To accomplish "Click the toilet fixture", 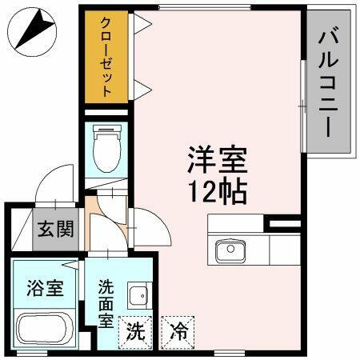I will [x=106, y=151].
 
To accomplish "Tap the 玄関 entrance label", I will [x=54, y=230].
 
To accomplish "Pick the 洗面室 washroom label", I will [x=106, y=302].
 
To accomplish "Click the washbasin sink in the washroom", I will [x=139, y=294].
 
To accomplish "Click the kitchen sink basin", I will [x=230, y=251].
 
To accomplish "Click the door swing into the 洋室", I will [x=152, y=228].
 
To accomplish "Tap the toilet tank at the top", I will [x=106, y=131].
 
